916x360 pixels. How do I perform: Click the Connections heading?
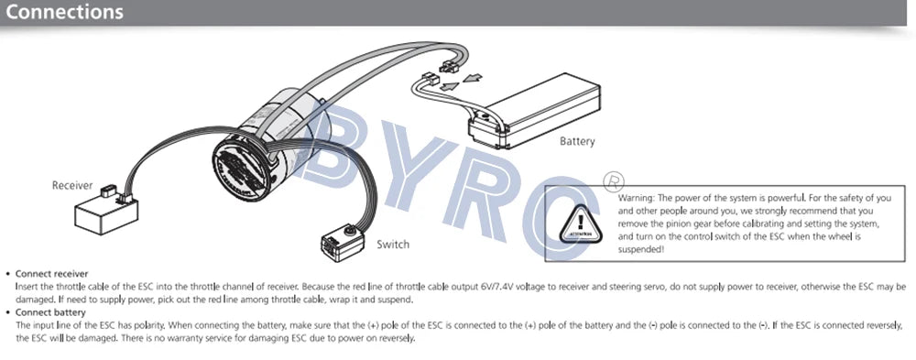click(64, 13)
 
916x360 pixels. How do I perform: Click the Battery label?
click(577, 141)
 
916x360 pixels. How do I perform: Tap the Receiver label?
click(72, 185)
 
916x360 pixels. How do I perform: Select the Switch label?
click(393, 245)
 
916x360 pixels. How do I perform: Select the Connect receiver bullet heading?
click(52, 273)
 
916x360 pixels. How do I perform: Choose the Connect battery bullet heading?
click(49, 311)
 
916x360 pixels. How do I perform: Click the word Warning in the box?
click(638, 198)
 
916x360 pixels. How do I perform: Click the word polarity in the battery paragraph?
click(136, 325)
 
